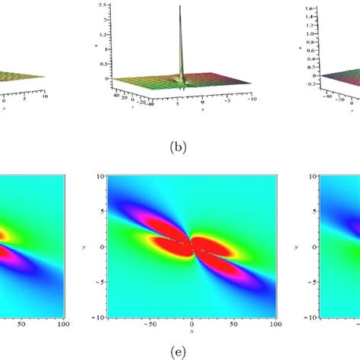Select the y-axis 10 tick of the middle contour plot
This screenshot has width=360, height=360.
pyautogui.click(x=100, y=176)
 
